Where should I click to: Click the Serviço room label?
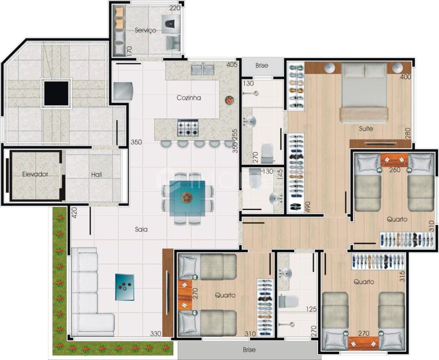[145, 30]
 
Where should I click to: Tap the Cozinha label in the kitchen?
[189, 98]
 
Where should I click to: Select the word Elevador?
[35, 174]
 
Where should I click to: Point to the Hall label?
[96, 174]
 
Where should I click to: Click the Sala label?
[141, 229]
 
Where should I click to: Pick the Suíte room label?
[366, 129]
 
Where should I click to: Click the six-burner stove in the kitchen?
[187, 128]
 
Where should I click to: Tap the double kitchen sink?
[203, 70]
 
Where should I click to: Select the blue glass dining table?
[187, 198]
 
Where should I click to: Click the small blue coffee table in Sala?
[124, 287]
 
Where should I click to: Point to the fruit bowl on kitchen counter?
[229, 100]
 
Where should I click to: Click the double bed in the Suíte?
[364, 93]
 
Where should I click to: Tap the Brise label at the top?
[262, 65]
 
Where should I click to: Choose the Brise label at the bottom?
[249, 349]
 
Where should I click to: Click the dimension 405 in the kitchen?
[232, 65]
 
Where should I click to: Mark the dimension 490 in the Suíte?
[308, 207]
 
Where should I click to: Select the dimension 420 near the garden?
[74, 213]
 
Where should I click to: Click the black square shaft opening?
[56, 94]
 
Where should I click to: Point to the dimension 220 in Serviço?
[175, 8]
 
